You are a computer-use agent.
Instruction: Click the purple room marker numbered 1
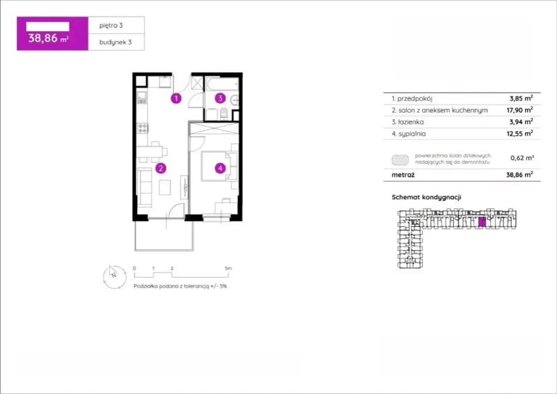click(176, 98)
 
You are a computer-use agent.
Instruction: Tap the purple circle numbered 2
click(161, 168)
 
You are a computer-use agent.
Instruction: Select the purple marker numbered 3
click(220, 98)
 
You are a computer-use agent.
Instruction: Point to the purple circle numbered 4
click(220, 168)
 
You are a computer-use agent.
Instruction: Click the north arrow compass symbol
click(114, 277)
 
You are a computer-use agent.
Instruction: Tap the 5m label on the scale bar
click(228, 268)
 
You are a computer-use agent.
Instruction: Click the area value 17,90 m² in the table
click(519, 110)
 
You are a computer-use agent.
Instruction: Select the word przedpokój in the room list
click(414, 99)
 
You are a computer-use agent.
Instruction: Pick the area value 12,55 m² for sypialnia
click(519, 134)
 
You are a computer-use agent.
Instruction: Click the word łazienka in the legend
click(411, 122)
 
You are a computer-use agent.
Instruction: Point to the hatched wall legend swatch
click(400, 160)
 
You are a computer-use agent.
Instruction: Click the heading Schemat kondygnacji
click(426, 197)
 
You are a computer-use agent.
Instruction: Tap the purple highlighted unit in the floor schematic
click(482, 222)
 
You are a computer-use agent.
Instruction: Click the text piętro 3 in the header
click(111, 25)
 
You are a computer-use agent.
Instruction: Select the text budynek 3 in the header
click(116, 42)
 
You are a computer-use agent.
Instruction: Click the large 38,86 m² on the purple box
click(48, 38)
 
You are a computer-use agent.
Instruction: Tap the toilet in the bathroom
click(223, 113)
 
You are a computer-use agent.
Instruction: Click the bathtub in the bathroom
click(221, 84)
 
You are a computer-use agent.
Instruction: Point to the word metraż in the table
click(403, 175)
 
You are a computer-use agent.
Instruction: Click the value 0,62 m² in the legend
click(521, 158)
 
